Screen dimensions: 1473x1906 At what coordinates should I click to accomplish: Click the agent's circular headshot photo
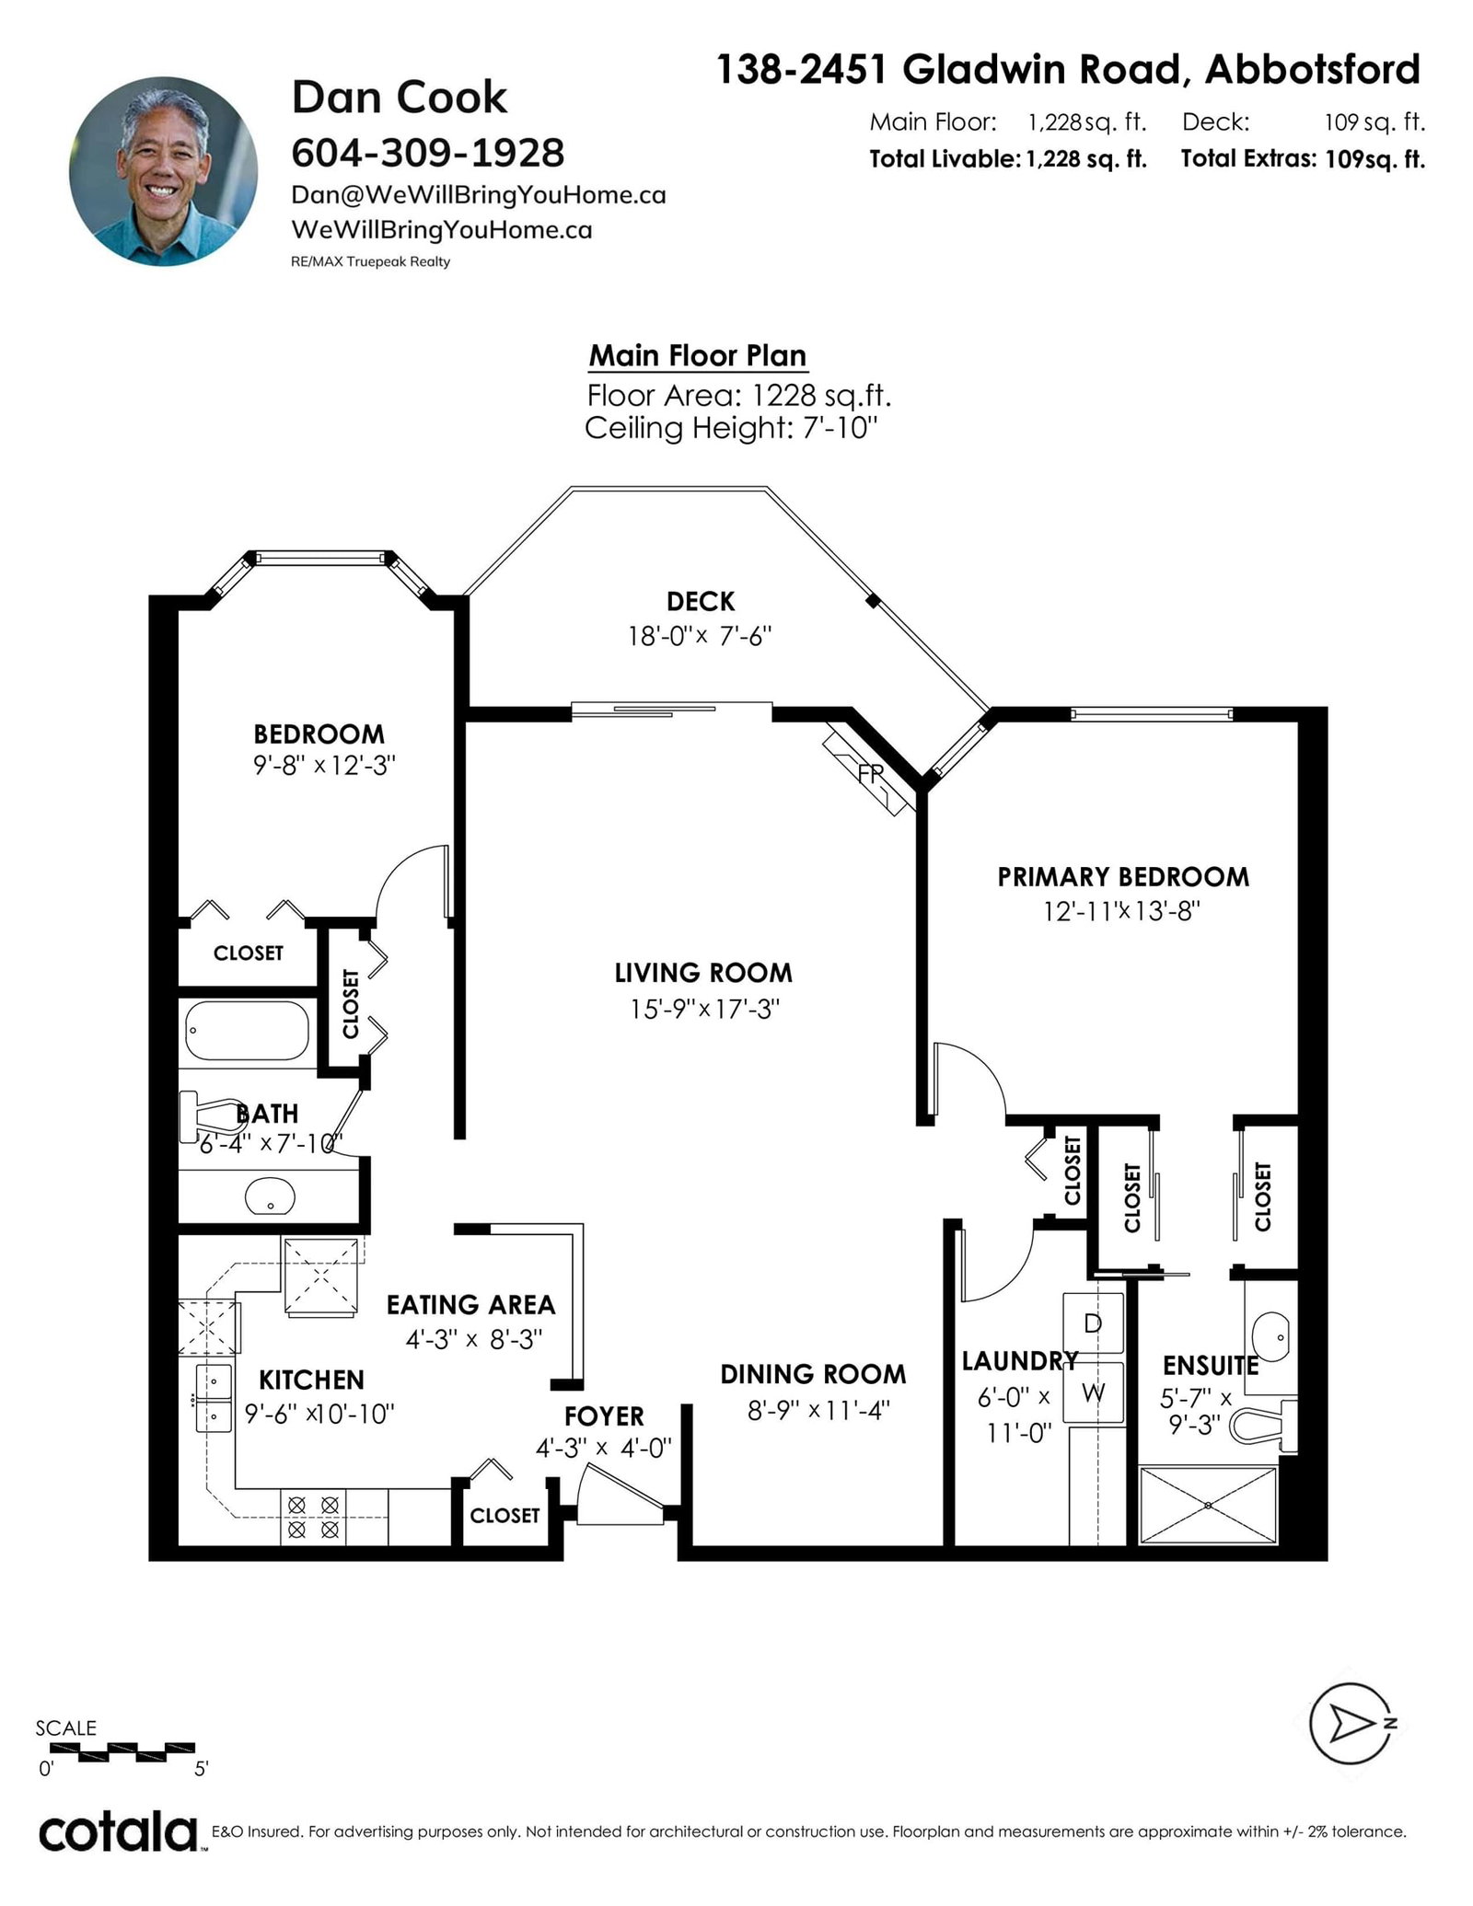pyautogui.click(x=163, y=171)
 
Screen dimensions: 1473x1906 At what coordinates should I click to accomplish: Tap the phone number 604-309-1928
pyautogui.click(x=428, y=153)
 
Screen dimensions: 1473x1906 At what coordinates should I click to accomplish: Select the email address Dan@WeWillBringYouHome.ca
pyautogui.click(x=479, y=195)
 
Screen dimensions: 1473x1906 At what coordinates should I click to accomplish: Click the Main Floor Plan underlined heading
pyautogui.click(x=698, y=356)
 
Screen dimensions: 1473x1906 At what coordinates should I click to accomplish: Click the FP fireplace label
pyautogui.click(x=870, y=774)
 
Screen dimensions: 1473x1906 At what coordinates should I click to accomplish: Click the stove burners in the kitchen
pyautogui.click(x=314, y=1518)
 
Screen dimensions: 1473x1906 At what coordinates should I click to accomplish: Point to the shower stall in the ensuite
pyautogui.click(x=1208, y=1505)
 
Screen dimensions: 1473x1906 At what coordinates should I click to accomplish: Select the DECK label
pyautogui.click(x=701, y=602)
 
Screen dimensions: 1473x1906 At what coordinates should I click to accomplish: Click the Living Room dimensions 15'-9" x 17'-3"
pyautogui.click(x=705, y=1010)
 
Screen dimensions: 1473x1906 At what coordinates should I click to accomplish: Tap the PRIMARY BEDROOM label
pyautogui.click(x=1123, y=877)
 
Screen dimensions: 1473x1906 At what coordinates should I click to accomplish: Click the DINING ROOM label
pyautogui.click(x=813, y=1374)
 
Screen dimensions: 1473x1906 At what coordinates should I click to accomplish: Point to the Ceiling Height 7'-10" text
pyautogui.click(x=732, y=428)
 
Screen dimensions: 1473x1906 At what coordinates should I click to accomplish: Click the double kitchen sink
pyautogui.click(x=214, y=1399)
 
